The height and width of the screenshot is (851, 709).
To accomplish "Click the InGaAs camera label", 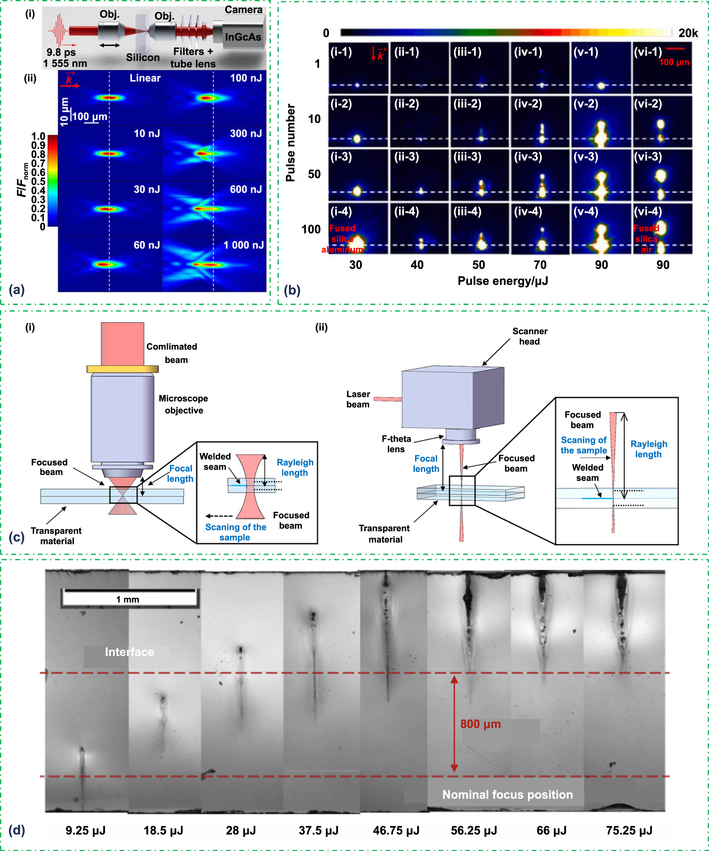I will pos(243,37).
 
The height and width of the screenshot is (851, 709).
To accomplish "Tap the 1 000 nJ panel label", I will pos(243,245).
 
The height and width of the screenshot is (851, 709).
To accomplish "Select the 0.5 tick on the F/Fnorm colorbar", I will pos(38,182).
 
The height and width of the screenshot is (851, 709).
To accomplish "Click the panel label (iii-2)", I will pos(468,104).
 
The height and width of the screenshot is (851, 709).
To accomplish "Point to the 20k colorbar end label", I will pos(688,33).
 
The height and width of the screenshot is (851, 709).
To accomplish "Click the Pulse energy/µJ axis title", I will pos(503,281).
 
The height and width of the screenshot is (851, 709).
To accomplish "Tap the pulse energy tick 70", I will pos(540,265).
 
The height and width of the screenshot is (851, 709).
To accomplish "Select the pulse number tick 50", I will pos(314,174).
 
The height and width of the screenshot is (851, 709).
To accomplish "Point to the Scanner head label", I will pos(529,336).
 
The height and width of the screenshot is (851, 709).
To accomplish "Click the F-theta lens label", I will pos(396,444).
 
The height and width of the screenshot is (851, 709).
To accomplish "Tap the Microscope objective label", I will pos(183,405).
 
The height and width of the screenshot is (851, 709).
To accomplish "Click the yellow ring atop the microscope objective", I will pos(122,369).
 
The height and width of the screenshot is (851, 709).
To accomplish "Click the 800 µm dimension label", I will pos(480,724).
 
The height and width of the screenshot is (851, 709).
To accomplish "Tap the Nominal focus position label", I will pos(507,795).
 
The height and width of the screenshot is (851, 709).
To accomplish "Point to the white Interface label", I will pos(129,652).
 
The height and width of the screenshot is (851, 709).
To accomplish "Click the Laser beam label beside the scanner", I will pos(358,399).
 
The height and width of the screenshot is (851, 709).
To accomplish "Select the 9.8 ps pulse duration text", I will pos(61,52).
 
